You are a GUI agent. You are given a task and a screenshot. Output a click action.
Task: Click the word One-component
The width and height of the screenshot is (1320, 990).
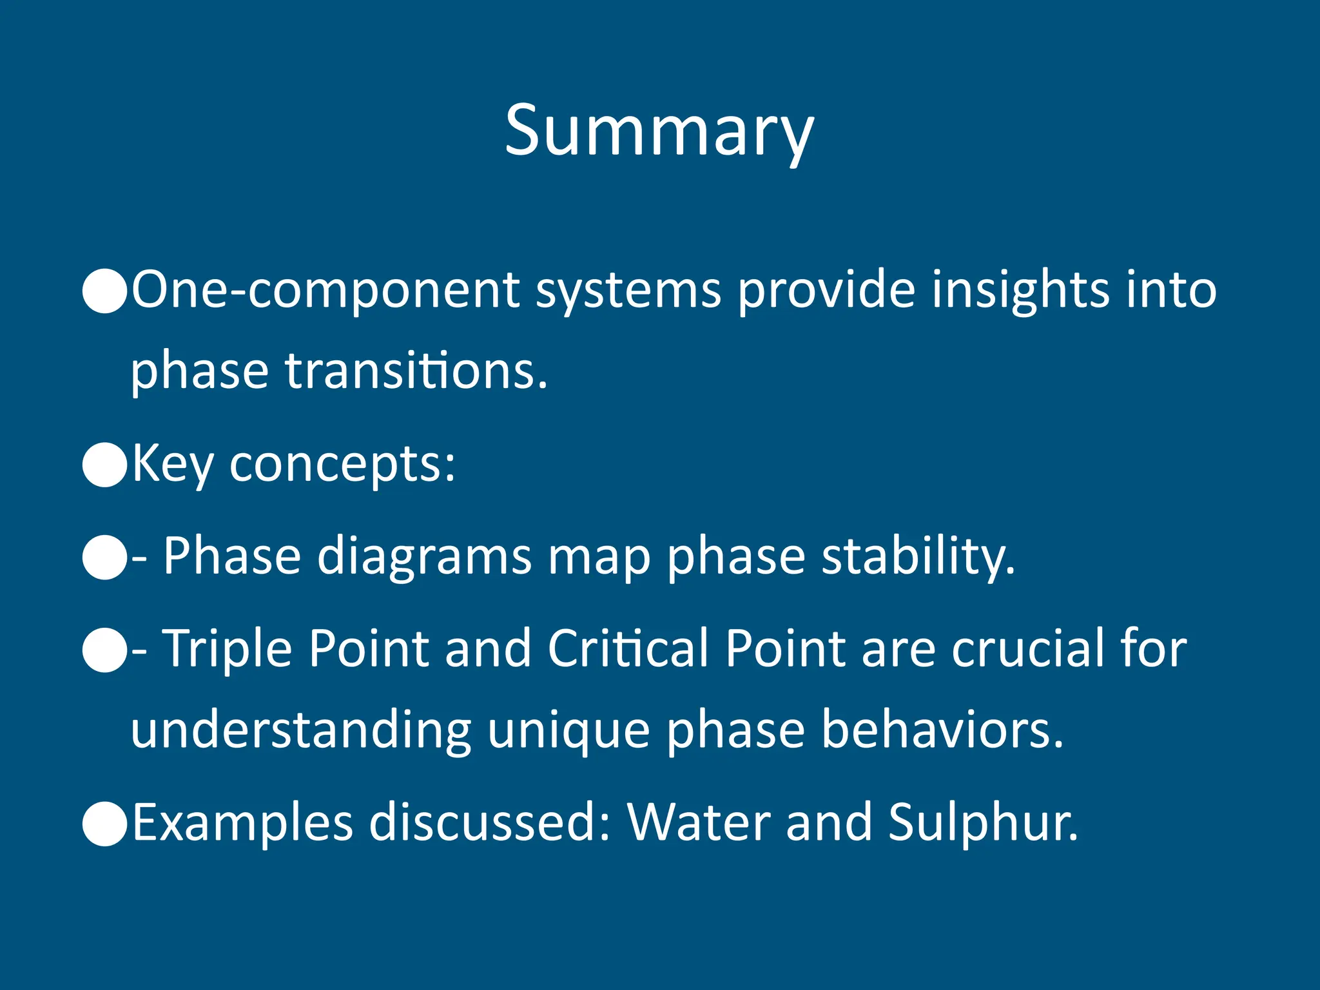tap(325, 289)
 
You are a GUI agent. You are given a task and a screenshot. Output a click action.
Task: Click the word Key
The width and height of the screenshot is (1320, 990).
tap(172, 464)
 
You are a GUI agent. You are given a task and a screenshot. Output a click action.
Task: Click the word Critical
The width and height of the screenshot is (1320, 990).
tap(628, 648)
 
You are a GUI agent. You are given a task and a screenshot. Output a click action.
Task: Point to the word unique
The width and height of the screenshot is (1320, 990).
tap(568, 731)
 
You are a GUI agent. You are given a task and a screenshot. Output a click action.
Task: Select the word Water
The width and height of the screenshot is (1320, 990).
tap(699, 823)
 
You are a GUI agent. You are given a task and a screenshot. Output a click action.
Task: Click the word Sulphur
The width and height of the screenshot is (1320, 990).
tap(982, 823)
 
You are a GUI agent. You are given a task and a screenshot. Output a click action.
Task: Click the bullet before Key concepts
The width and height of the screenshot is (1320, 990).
tap(104, 464)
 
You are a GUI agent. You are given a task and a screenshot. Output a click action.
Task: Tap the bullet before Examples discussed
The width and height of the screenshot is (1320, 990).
tap(104, 823)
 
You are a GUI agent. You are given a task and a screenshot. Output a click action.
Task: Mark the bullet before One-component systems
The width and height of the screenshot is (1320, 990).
tap(104, 291)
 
